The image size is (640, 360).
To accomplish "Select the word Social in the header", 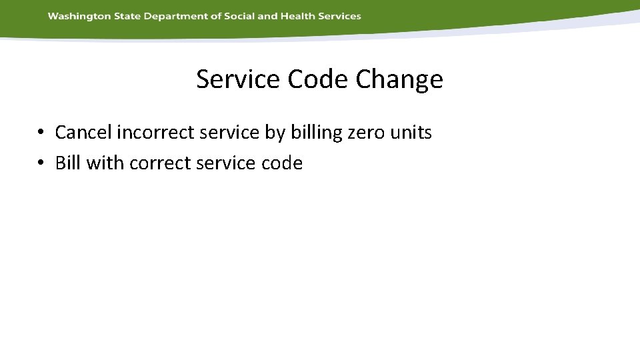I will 237,16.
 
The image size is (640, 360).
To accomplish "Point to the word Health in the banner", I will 299,16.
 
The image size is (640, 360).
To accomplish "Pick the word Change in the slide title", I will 399,79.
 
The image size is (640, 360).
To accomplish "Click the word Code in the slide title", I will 319,79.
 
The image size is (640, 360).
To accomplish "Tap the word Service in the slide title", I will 238,79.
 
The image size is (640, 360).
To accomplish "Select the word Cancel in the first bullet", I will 83,132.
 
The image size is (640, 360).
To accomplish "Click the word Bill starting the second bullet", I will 68,163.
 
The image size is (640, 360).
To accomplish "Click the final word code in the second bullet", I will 283,163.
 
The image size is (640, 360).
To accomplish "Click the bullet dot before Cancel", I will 41,133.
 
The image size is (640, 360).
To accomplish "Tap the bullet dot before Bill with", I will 41,163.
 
